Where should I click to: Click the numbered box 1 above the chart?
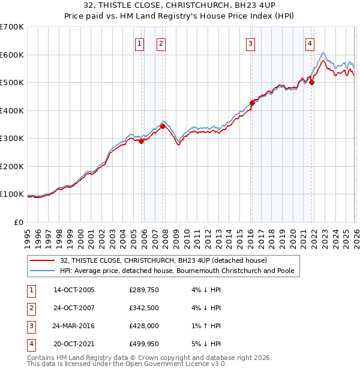tap(139, 43)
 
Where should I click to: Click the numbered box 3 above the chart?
tap(250, 43)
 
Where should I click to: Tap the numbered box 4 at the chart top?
tap(310, 43)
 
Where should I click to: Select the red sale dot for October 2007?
tap(163, 126)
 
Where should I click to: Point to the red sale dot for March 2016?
tap(252, 103)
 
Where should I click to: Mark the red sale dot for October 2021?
tap(312, 82)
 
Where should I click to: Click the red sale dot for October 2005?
tap(142, 142)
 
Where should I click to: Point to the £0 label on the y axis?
tap(18, 222)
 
